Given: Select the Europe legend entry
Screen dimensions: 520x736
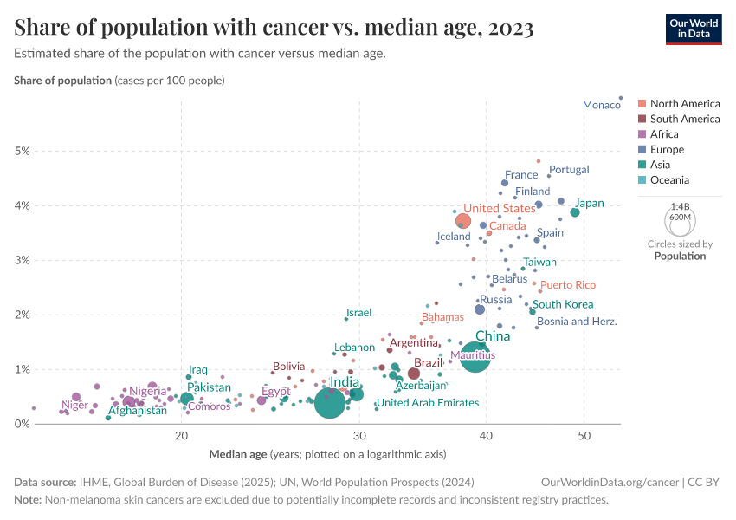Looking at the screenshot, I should [667, 150].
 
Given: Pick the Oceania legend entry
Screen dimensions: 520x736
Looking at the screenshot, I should [669, 180].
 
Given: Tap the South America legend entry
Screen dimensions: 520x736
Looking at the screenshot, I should [684, 119].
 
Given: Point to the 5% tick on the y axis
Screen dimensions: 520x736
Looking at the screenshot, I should [23, 151].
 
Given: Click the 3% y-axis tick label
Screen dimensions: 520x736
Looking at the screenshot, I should [23, 260].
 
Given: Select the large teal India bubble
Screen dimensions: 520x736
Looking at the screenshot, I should [330, 402].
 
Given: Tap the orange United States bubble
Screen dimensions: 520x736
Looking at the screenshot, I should [463, 222].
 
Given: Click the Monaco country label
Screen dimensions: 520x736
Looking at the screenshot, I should [601, 105].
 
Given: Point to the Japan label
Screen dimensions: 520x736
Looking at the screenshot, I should [590, 204].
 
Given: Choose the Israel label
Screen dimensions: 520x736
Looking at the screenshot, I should [358, 313].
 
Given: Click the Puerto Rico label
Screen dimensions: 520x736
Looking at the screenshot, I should [568, 285].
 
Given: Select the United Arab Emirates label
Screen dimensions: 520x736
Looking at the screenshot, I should [428, 403].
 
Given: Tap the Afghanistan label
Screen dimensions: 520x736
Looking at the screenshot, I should [137, 411].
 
